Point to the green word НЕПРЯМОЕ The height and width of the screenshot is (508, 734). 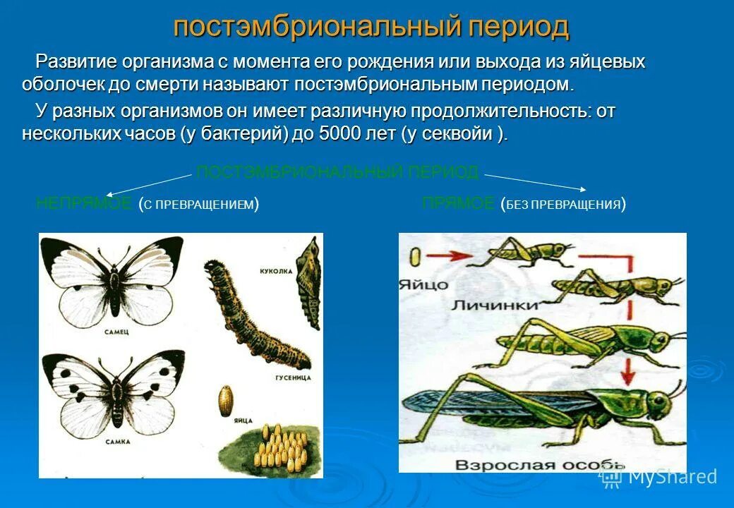tap(83, 204)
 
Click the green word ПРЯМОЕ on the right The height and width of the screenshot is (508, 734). tap(458, 204)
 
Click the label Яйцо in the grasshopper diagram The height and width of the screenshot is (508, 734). tap(423, 284)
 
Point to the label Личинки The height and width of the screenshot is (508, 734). tap(495, 305)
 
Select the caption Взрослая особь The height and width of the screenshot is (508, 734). tap(540, 465)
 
